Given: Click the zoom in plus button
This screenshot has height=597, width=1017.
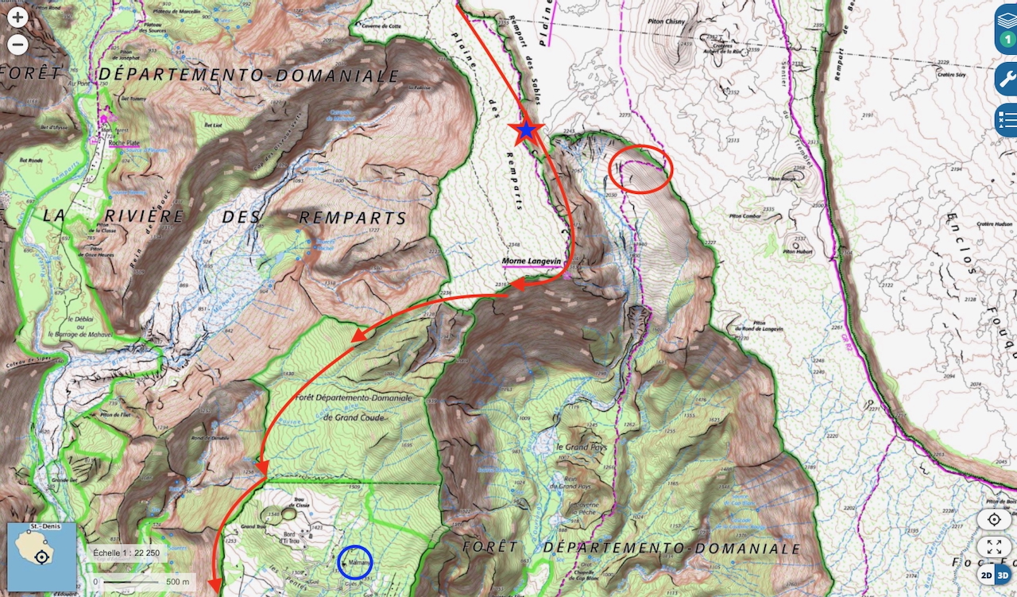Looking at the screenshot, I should (18, 17).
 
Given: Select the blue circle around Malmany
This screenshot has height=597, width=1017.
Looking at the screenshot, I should (354, 562).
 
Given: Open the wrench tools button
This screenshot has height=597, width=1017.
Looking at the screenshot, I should (1005, 79).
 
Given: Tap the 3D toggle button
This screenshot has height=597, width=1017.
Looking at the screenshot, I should (1003, 575).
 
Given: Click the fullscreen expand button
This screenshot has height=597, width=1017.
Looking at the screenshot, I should (994, 547).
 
